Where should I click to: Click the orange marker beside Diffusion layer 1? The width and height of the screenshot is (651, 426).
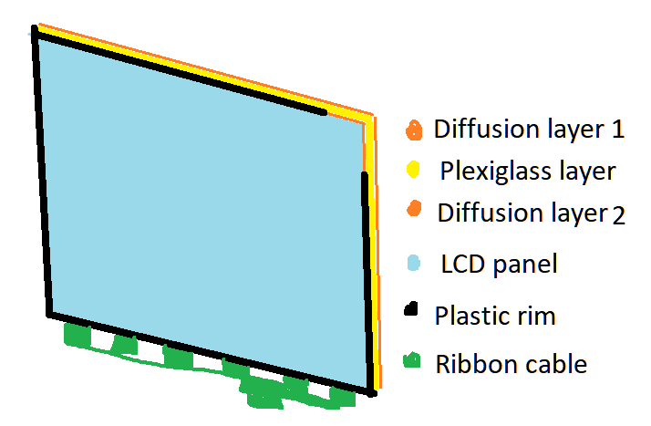click(x=414, y=130)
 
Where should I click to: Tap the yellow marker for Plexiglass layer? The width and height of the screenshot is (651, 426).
click(x=413, y=170)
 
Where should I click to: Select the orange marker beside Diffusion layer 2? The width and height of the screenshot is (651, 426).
click(x=414, y=208)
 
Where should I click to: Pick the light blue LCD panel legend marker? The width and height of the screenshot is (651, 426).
click(x=414, y=263)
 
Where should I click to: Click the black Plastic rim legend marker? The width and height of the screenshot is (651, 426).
click(x=410, y=309)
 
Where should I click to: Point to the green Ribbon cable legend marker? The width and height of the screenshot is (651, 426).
click(x=412, y=360)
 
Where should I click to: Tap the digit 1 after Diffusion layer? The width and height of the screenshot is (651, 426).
click(x=618, y=130)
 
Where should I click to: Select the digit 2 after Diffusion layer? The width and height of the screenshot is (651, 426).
click(x=618, y=216)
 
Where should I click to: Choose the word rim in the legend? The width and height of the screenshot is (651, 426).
click(x=535, y=316)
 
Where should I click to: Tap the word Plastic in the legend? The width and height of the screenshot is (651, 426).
click(x=471, y=316)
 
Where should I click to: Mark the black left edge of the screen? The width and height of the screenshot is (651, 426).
click(x=42, y=171)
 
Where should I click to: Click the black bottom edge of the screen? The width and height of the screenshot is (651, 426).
click(x=211, y=354)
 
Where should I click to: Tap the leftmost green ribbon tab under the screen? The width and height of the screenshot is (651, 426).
click(x=77, y=335)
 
